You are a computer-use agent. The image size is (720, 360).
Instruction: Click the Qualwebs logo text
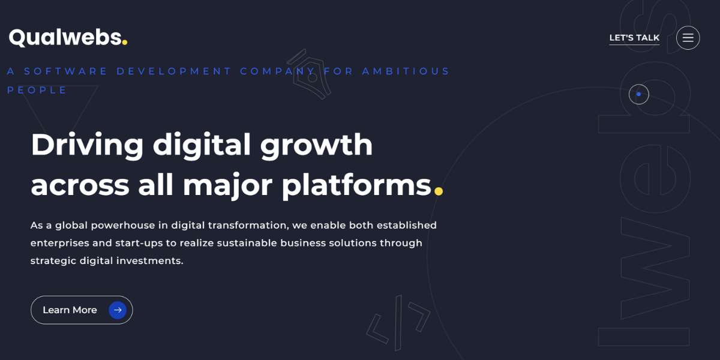(x=65, y=38)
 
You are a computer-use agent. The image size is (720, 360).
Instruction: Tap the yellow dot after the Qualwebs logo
(x=125, y=42)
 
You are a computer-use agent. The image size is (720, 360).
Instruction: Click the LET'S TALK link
(x=634, y=38)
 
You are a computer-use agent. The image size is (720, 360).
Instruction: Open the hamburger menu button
(x=688, y=38)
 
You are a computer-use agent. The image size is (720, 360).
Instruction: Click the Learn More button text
(x=70, y=310)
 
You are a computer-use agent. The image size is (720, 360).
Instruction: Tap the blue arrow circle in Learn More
(x=118, y=310)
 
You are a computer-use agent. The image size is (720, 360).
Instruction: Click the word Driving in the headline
(x=87, y=145)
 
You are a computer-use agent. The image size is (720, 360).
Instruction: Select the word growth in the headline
(x=316, y=146)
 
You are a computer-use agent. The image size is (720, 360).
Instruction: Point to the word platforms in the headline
(x=356, y=186)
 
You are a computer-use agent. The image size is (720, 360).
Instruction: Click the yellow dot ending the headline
(x=439, y=191)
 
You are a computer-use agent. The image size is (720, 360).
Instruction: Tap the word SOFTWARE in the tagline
(x=65, y=71)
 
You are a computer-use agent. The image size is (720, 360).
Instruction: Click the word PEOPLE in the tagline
(x=37, y=90)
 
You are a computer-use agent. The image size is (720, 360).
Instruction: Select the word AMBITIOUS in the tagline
(x=406, y=71)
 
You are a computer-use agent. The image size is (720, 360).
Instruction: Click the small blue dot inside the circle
(x=638, y=94)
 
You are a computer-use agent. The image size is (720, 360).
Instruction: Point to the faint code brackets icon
(x=398, y=323)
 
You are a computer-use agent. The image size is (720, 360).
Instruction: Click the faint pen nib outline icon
(x=309, y=74)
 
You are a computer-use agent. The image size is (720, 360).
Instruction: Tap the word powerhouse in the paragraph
(x=123, y=226)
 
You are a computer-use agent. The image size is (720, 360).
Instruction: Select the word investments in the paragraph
(x=150, y=260)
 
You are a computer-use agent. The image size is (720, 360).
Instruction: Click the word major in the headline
(x=227, y=187)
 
